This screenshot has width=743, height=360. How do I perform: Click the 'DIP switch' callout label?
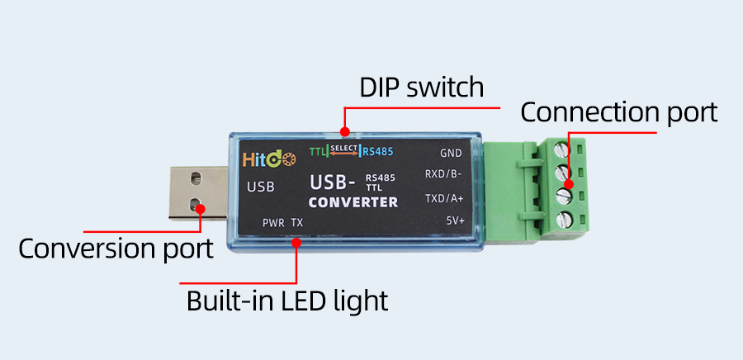tap(421, 88)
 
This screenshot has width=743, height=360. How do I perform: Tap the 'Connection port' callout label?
tap(618, 112)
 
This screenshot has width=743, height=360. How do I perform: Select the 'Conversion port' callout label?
tap(116, 248)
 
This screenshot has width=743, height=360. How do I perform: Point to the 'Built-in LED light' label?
tap(286, 300)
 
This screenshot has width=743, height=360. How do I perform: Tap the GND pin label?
tap(451, 154)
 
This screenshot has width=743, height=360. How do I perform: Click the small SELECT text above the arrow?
tap(344, 147)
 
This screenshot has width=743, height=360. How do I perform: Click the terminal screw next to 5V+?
tap(566, 220)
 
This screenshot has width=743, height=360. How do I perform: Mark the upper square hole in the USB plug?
tap(195, 178)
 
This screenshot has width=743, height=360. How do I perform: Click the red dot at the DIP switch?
tap(346, 130)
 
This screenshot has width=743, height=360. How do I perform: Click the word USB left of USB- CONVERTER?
tap(260, 187)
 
